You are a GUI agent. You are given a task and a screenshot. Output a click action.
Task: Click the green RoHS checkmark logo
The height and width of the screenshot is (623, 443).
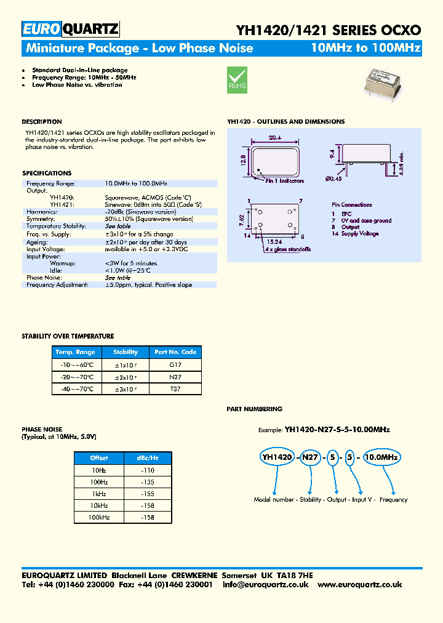tap(237, 79)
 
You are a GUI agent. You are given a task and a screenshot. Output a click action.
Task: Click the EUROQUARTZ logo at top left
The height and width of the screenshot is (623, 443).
tap(70, 29)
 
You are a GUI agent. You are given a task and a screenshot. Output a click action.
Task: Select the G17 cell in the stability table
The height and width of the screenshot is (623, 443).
tap(175, 364)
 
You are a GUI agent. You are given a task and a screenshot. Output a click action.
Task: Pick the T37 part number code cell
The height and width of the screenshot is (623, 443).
tap(175, 389)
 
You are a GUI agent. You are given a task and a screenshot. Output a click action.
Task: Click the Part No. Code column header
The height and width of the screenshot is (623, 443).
tap(175, 352)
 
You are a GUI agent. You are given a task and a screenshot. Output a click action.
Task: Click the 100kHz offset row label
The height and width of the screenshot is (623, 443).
tap(99, 518)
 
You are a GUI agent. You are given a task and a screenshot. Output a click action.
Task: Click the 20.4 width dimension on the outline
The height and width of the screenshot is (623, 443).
tap(276, 139)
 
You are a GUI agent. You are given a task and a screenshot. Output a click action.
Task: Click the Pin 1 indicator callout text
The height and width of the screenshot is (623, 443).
tap(284, 181)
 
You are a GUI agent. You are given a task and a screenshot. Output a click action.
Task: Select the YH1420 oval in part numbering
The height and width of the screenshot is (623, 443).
tap(277, 457)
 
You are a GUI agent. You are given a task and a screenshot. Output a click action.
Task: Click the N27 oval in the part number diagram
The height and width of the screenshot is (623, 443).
tap(311, 457)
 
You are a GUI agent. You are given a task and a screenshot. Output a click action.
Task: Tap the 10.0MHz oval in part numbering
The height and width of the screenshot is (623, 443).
tap(381, 457)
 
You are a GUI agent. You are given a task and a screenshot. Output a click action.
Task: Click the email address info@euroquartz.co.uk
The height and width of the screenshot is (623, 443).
tap(266, 585)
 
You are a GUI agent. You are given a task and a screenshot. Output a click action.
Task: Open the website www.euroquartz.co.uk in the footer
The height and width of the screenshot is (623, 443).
tap(360, 585)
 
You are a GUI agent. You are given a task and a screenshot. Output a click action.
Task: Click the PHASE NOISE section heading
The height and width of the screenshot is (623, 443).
tap(42, 430)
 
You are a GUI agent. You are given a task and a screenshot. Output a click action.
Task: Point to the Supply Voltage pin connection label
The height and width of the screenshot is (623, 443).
tap(360, 234)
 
